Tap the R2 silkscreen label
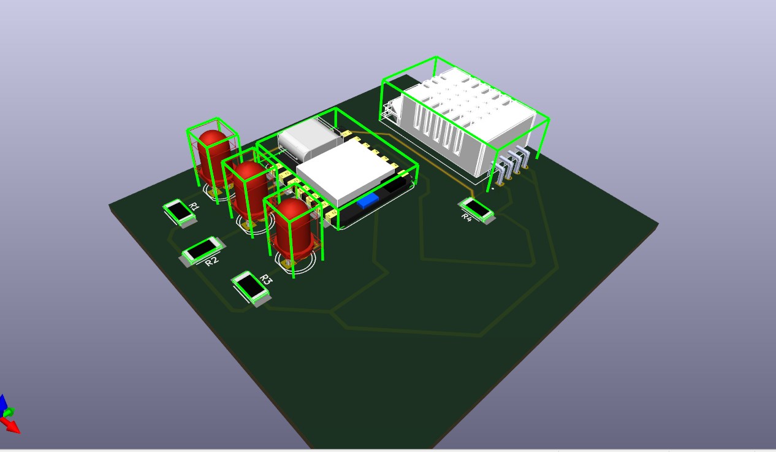211,261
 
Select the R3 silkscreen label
265,280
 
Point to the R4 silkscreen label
466,218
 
